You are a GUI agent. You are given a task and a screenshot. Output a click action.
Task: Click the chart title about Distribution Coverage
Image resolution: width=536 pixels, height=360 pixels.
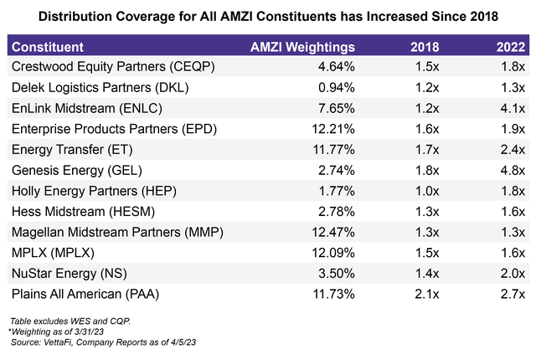point(268,16)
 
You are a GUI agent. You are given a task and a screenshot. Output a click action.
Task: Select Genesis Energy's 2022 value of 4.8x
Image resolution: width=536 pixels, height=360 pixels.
point(512,170)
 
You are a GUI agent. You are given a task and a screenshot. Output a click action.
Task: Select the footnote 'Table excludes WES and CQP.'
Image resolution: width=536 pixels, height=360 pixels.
point(60,321)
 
